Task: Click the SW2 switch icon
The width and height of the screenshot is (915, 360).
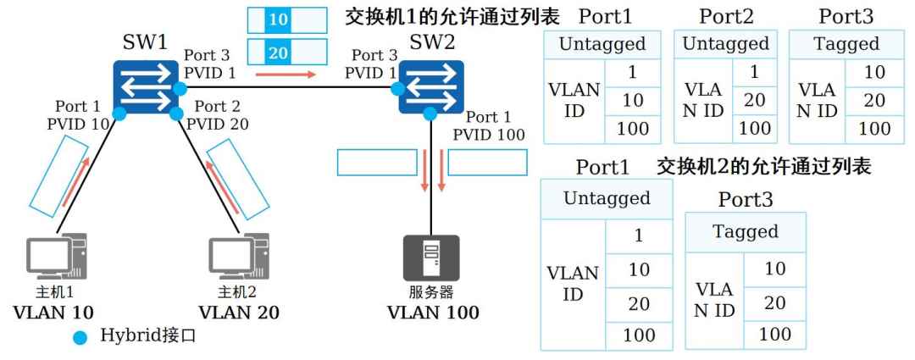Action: [x=431, y=87]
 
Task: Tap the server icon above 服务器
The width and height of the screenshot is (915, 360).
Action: [x=431, y=258]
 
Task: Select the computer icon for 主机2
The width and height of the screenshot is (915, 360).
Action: [x=239, y=256]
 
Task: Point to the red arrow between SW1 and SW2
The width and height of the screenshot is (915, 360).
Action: [x=286, y=75]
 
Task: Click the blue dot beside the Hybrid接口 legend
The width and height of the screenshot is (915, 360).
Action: [x=80, y=337]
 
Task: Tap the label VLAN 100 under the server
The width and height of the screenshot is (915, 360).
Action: [x=433, y=313]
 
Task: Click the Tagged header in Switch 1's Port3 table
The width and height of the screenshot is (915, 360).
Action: [x=846, y=44]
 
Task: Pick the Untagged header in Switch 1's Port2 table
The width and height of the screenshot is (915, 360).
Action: [x=725, y=44]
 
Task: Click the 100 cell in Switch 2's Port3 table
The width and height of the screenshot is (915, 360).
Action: [x=775, y=335]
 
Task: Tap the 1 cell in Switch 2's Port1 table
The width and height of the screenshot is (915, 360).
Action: [x=639, y=235]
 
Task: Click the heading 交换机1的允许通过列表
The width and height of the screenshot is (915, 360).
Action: [x=452, y=16]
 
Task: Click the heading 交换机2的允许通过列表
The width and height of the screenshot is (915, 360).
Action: [x=764, y=167]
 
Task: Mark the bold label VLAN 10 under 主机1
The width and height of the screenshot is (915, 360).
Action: [x=53, y=313]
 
